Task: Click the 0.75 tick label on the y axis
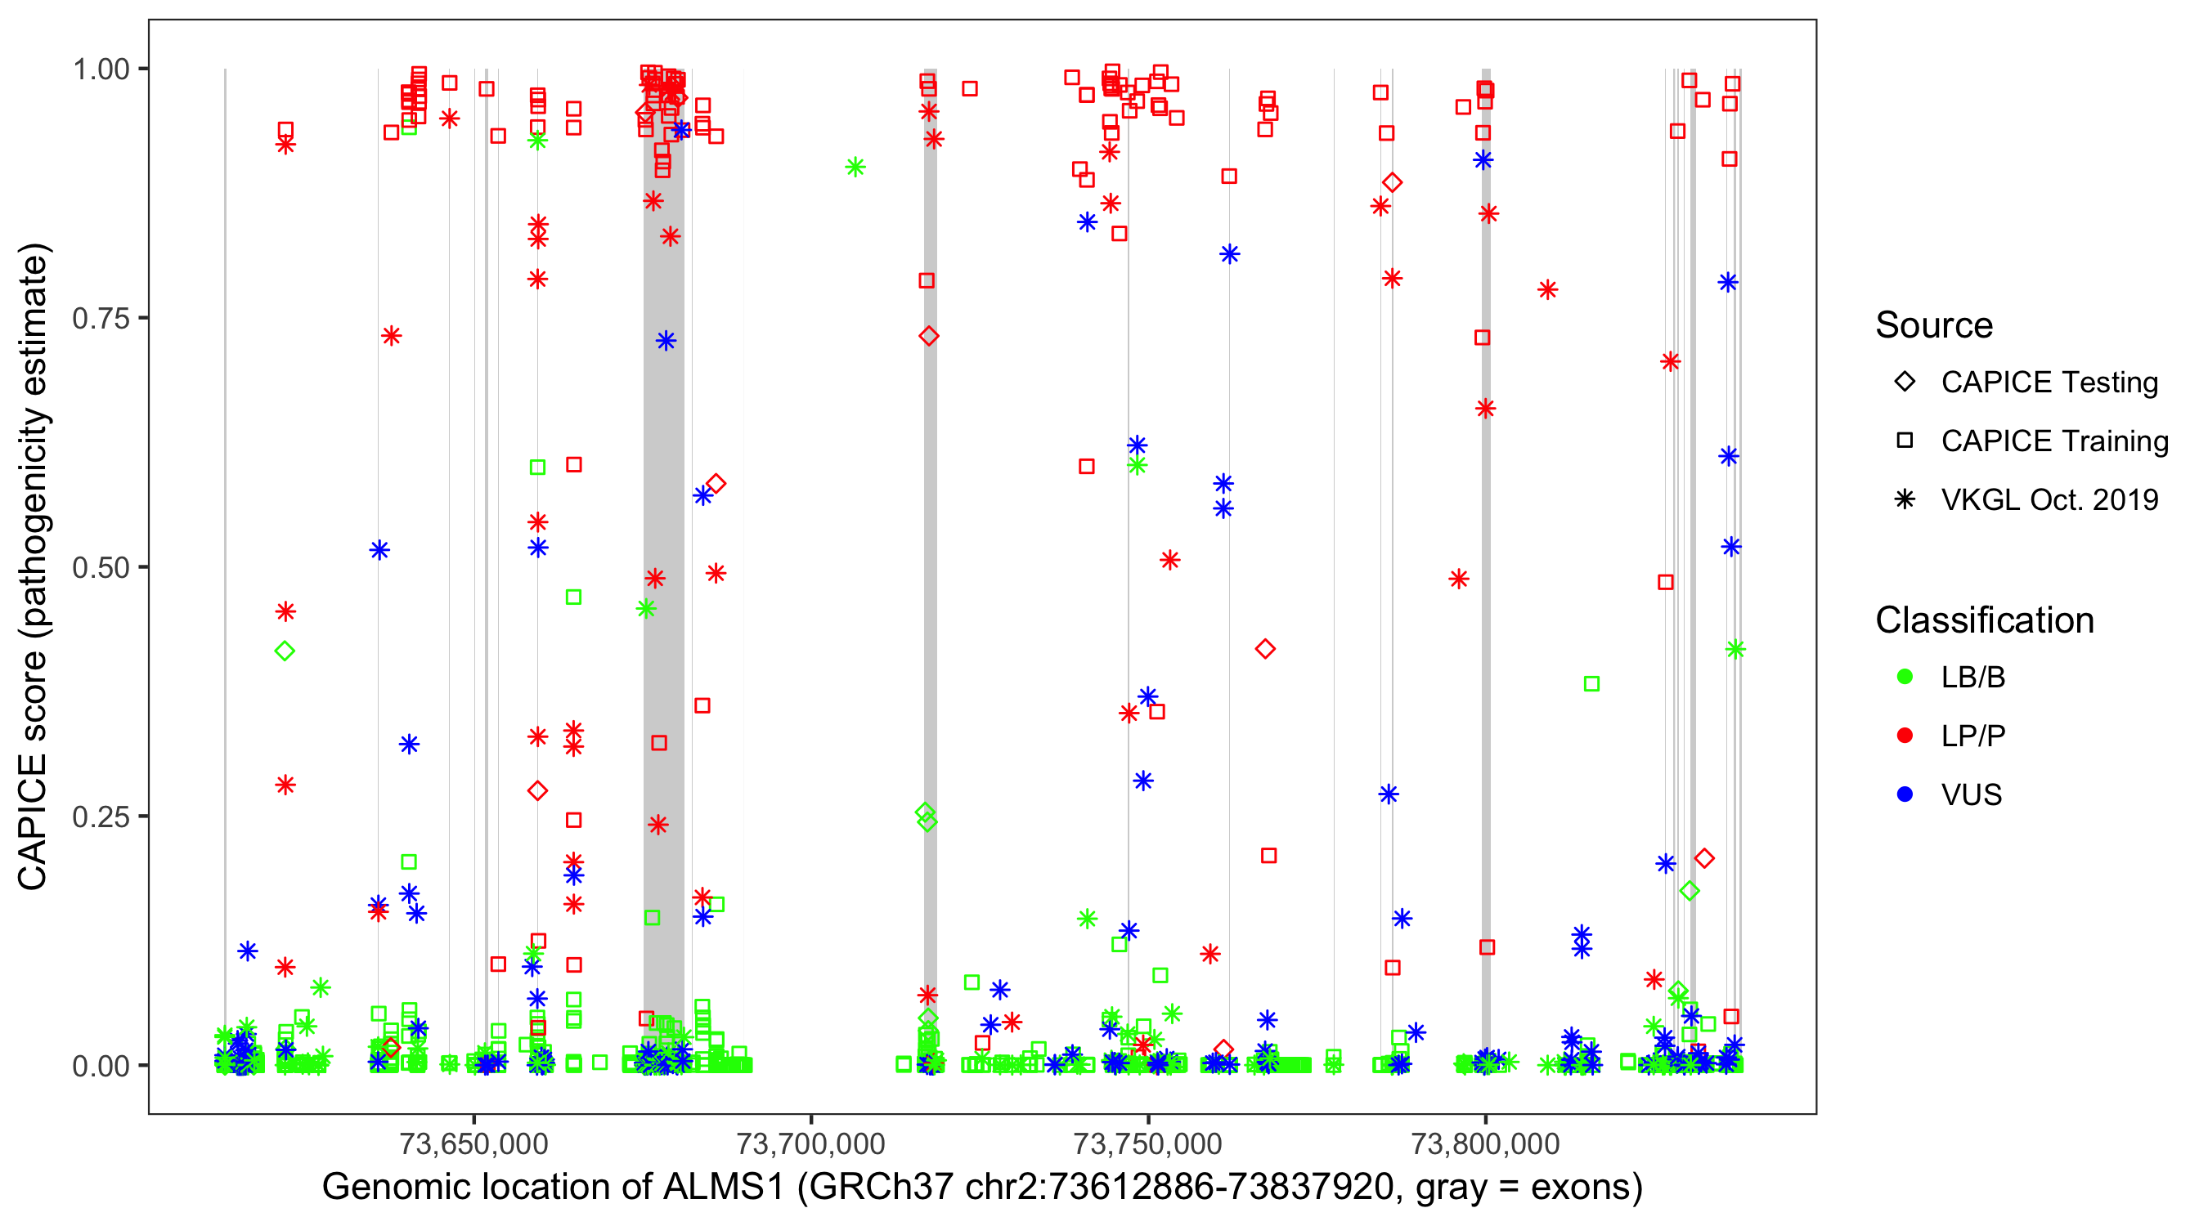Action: [100, 318]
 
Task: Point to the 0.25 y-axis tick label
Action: [100, 817]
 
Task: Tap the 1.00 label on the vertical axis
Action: [100, 69]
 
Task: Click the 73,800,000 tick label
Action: [1484, 1143]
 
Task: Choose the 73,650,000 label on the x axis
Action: [473, 1143]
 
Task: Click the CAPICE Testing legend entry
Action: [2049, 383]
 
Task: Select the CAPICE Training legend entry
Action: [2053, 441]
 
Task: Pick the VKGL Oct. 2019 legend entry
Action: [2049, 499]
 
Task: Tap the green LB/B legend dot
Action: [1905, 677]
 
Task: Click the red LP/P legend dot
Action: [1905, 736]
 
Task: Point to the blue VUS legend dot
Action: [1905, 794]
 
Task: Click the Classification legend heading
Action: [1984, 620]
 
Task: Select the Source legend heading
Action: [1934, 325]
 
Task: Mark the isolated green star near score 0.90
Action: [855, 167]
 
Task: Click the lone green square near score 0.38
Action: [1591, 683]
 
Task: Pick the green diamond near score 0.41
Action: [285, 651]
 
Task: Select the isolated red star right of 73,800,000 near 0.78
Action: [1547, 289]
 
